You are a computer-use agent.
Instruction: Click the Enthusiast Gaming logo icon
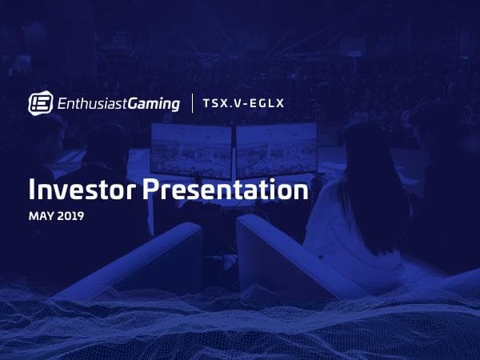(x=41, y=102)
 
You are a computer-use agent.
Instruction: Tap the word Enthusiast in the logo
(x=90, y=103)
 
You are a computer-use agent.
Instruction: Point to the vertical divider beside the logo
(x=192, y=103)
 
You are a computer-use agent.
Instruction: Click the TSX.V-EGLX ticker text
(x=243, y=103)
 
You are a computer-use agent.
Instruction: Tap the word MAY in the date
(x=41, y=216)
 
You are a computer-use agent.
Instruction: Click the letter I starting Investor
(x=32, y=191)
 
